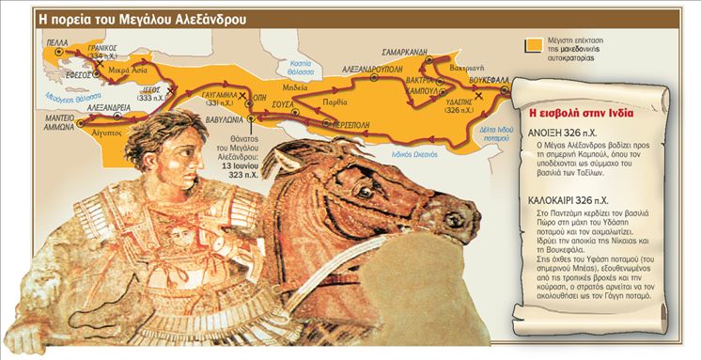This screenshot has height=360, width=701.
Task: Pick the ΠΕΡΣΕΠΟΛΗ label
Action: tap(353, 123)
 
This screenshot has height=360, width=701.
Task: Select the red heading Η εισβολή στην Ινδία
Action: tap(573, 113)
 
